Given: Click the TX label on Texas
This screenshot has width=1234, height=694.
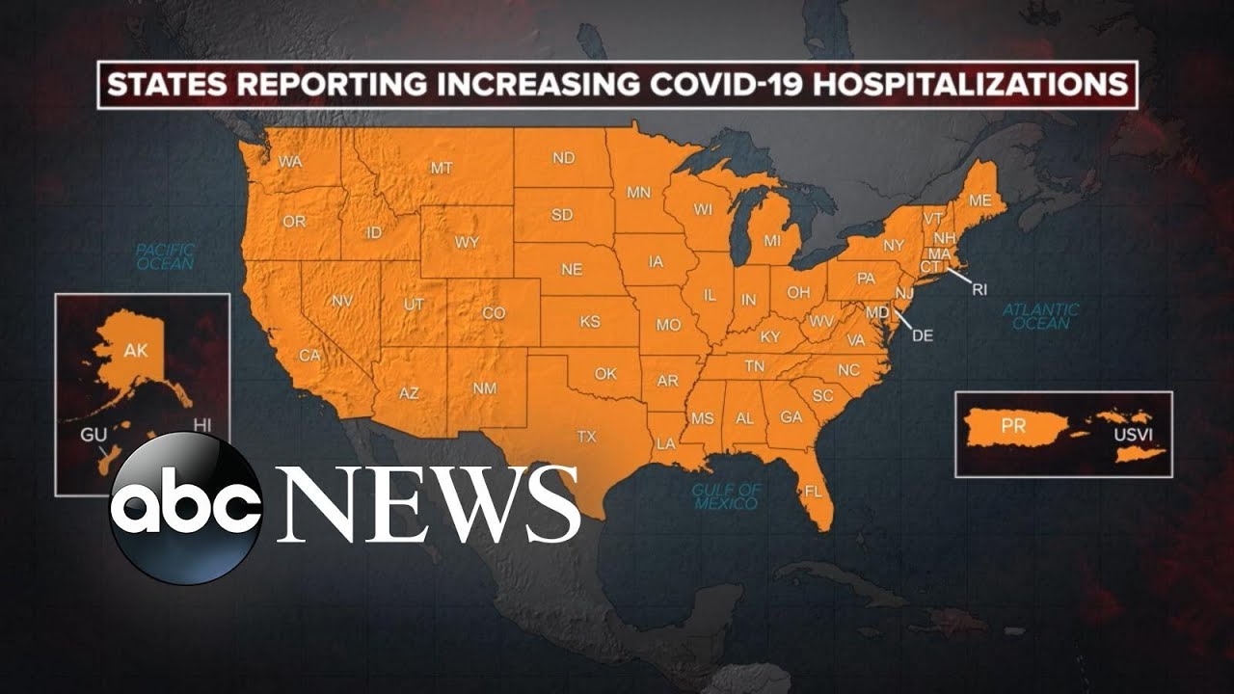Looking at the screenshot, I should click(586, 437).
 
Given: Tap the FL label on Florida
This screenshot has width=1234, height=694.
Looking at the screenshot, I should click(814, 492).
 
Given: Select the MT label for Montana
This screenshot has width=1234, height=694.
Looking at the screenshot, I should click(442, 168).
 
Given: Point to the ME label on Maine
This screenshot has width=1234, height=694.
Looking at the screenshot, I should click(980, 201).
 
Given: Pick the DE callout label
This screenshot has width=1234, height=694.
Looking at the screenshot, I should click(923, 335).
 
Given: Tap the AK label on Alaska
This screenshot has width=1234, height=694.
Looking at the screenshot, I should click(136, 351).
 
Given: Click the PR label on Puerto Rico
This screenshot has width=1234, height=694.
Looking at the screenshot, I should click(1013, 426).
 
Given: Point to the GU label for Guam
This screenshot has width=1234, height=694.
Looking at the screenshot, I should click(94, 435).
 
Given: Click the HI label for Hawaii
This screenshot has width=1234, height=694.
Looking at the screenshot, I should click(201, 425).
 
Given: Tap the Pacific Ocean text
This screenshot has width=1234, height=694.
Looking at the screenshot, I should click(165, 255).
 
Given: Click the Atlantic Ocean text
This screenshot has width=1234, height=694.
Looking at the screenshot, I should click(1040, 316).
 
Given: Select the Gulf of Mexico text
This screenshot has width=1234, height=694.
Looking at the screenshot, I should click(726, 496).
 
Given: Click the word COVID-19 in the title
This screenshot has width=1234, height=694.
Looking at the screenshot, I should click(718, 85).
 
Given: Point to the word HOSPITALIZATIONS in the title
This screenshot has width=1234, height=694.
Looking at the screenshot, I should click(971, 85).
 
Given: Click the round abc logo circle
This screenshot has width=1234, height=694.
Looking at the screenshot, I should click(185, 508).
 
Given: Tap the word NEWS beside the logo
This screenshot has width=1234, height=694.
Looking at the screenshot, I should click(428, 504).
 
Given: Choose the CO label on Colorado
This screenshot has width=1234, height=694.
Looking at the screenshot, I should click(494, 313).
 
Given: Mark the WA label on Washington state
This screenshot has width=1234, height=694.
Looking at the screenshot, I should click(290, 162).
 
